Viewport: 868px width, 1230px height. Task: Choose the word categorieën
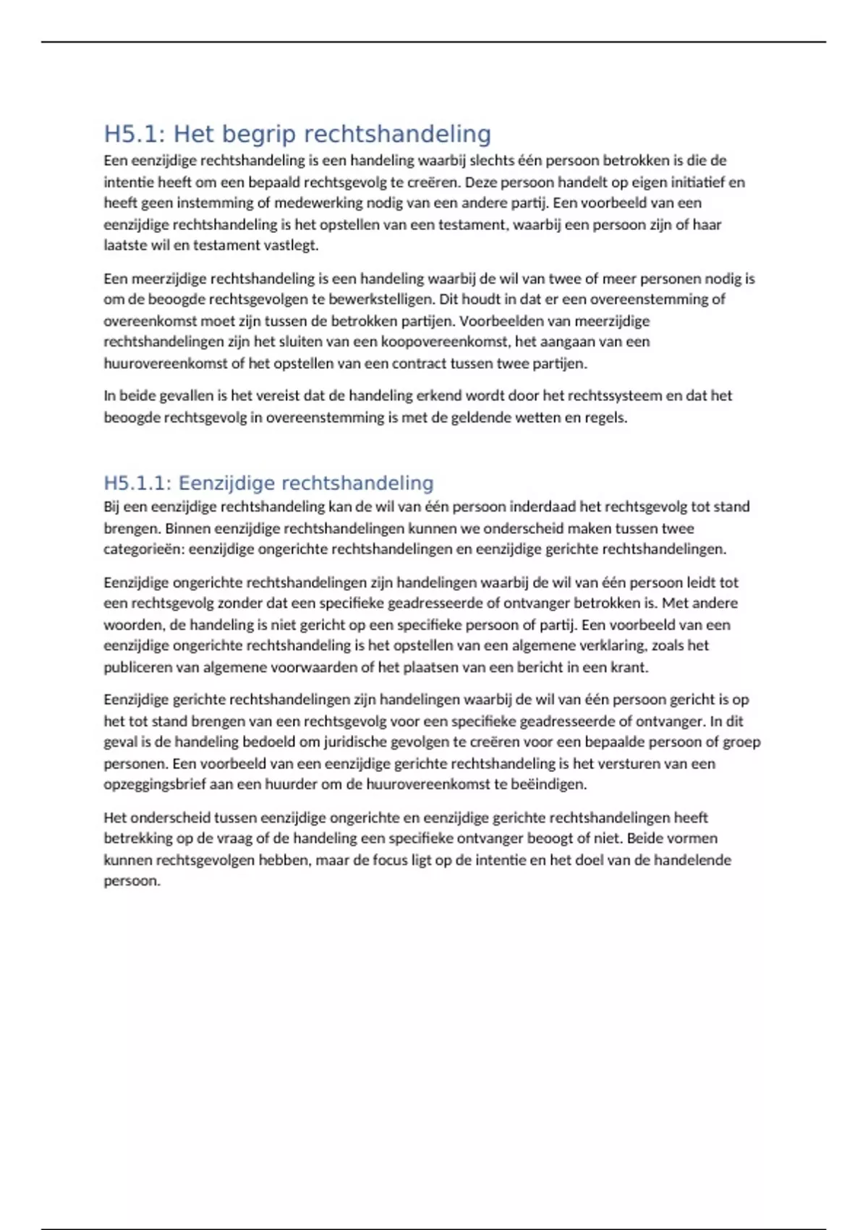[143, 549]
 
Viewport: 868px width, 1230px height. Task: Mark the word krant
[629, 667]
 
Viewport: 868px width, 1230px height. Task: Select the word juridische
[357, 742]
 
